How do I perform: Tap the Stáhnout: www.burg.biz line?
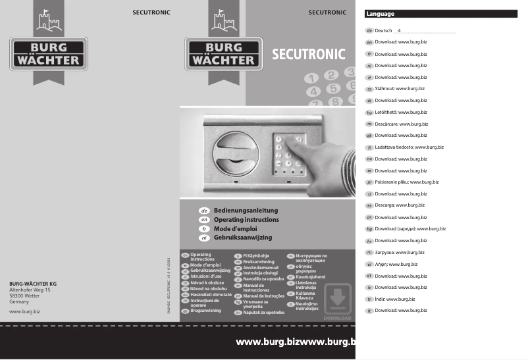click(400, 88)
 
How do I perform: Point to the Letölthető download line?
click(401, 112)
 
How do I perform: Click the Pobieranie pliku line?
click(407, 182)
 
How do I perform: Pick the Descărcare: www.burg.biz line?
click(402, 124)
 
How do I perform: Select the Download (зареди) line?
click(410, 228)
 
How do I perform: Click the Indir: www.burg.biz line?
click(395, 299)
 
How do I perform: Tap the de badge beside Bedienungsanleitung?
click(204, 210)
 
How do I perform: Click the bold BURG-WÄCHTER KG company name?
click(32, 283)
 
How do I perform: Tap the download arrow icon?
click(338, 298)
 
